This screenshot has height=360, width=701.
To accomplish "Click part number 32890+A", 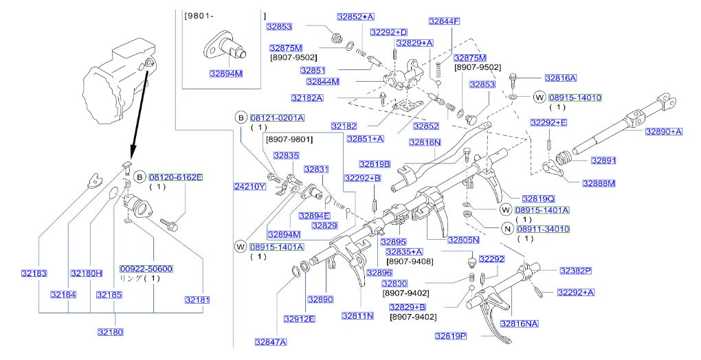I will [x=664, y=131].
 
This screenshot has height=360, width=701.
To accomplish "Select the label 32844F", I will [x=445, y=21].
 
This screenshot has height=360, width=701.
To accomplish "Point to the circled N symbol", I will [x=507, y=229].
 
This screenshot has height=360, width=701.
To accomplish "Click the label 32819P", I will [x=450, y=336].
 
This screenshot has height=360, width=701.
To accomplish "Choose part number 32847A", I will [x=270, y=341].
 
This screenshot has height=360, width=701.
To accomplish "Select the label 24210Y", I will [x=249, y=186].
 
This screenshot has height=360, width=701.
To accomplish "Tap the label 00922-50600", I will [x=146, y=269].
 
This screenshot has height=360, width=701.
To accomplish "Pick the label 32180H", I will [x=86, y=273].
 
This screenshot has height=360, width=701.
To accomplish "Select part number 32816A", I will [x=560, y=78].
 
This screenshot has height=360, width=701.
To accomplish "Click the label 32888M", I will [x=599, y=183].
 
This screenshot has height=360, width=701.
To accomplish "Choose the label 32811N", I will [x=357, y=316].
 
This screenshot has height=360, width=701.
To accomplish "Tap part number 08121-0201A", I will [x=277, y=117].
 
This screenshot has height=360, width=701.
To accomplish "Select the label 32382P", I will [x=575, y=271].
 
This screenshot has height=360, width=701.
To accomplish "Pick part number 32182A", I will [x=307, y=98].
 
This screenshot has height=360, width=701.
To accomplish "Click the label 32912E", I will [x=299, y=318].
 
